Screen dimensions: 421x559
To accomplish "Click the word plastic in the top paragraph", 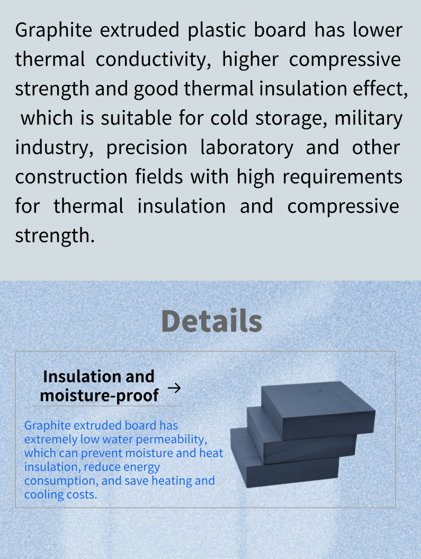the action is pos(217,30).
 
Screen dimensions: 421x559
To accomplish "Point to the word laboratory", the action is pos(247,148).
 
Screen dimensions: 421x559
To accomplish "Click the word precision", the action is pos(147,148).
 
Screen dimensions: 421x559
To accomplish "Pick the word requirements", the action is pos(342,177).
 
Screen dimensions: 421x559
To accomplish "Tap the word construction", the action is pos(71,177).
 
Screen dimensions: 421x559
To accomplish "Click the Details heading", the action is pos(212,321).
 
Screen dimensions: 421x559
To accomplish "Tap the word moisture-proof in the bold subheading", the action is pos(99,396).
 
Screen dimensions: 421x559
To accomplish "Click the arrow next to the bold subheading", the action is pos(174,388).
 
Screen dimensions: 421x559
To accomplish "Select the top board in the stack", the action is pos(318,410).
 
